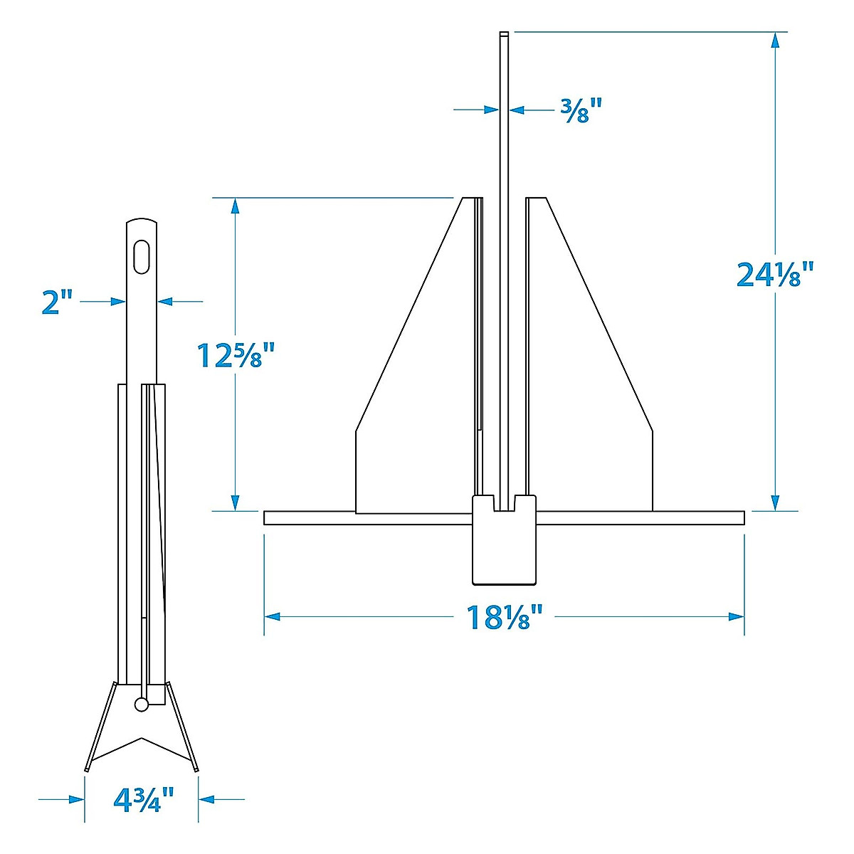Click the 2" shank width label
click(57, 302)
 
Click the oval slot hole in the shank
click(142, 255)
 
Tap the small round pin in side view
click(142, 705)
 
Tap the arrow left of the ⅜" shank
click(491, 110)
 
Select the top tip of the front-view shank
click(504, 34)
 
